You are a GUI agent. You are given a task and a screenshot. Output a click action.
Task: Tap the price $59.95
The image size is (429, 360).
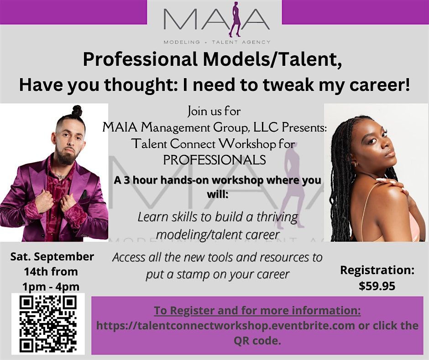pyautogui.click(x=377, y=286)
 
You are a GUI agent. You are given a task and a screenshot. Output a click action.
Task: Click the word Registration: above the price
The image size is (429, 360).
pyautogui.click(x=377, y=270)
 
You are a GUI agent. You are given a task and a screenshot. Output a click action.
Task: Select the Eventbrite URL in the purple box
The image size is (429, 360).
pyautogui.click(x=226, y=326)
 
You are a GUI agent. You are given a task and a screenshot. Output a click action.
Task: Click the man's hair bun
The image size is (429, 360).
pyautogui.click(x=77, y=111)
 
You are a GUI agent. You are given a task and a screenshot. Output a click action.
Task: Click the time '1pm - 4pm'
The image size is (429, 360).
pyautogui.click(x=51, y=286)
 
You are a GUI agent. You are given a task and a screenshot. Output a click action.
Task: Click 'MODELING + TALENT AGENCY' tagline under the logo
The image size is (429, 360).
pyautogui.click(x=217, y=42)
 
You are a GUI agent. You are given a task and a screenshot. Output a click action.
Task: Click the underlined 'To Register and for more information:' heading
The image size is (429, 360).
pyautogui.click(x=257, y=311)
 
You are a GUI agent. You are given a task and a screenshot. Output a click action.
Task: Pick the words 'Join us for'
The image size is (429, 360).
pyautogui.click(x=214, y=111)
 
